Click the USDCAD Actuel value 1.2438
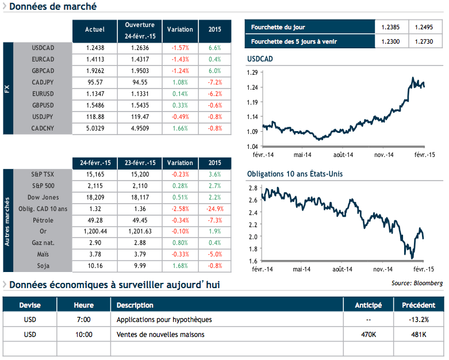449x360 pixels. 94,48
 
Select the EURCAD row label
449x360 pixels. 43,59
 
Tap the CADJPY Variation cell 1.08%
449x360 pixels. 180,82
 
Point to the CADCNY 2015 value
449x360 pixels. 215,128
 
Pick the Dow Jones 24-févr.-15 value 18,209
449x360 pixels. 94,197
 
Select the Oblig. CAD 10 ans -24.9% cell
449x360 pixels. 215,209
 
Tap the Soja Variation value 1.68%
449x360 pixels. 180,266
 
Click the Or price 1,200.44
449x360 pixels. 94,232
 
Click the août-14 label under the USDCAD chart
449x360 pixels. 343,155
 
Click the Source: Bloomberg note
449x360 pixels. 417,283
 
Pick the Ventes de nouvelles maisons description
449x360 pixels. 160,334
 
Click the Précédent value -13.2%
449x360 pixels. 419,319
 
